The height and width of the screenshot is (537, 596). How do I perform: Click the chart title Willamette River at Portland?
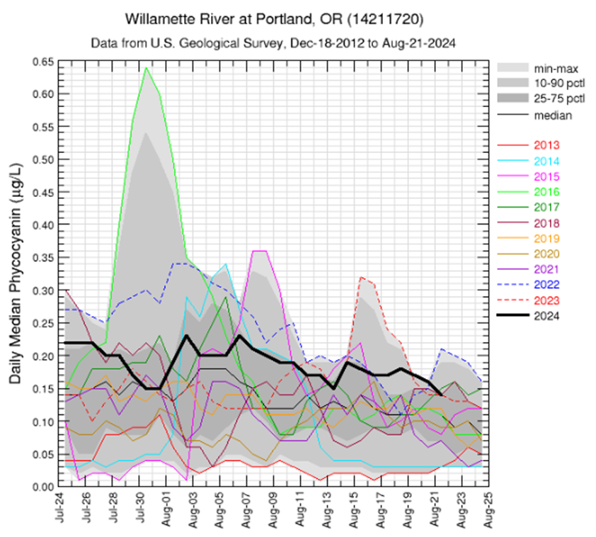274,16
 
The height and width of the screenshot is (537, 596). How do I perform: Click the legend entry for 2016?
547,192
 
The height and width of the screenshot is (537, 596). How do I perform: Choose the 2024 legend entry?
547,315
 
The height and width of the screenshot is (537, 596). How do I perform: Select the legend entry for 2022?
547,285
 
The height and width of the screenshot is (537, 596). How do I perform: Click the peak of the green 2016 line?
145,68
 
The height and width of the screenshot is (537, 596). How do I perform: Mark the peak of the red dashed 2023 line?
361,277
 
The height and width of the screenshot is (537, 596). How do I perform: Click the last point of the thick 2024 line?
441,395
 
